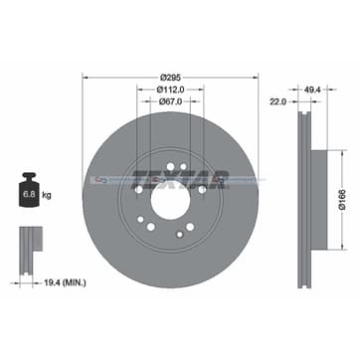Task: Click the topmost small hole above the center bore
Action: [170, 165]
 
